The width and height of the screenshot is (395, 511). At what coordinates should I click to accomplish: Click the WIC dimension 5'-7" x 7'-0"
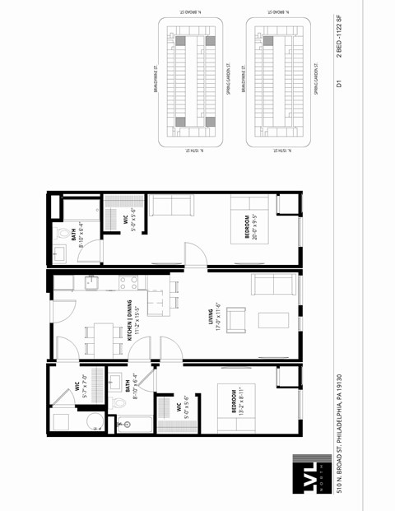click(x=85, y=387)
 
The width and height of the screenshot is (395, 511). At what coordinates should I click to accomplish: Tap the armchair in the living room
click(x=236, y=318)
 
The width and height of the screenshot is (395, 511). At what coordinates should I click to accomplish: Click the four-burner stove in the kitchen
click(x=128, y=283)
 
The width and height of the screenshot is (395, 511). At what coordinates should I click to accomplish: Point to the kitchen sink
click(x=90, y=284)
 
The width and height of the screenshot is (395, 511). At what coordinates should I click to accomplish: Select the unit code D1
click(x=338, y=83)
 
